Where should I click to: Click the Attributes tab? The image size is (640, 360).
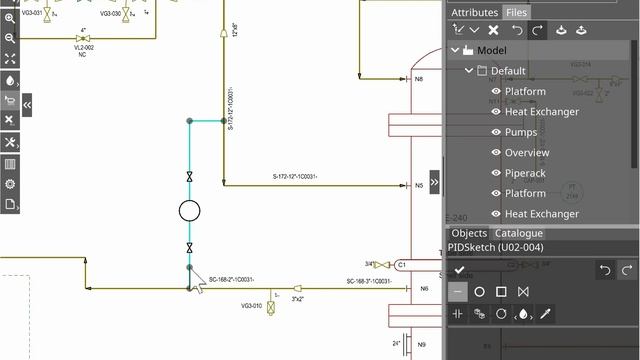(474, 12)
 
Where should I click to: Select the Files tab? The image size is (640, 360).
(517, 12)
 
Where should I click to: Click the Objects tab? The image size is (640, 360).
(469, 233)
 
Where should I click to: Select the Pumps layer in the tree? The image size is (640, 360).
(521, 132)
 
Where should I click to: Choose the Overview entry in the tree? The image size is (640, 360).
(527, 153)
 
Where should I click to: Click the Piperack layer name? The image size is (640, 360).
(525, 173)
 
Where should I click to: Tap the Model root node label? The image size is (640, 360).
(491, 50)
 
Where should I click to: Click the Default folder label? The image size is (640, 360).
(508, 71)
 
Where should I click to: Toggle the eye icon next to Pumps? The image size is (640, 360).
(496, 132)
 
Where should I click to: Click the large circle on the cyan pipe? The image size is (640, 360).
(189, 210)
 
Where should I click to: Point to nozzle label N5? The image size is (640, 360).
(420, 185)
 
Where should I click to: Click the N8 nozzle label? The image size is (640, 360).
(420, 78)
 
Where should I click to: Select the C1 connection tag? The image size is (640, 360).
(401, 265)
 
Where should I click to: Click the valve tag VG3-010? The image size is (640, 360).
(251, 306)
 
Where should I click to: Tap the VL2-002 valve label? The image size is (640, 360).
(83, 47)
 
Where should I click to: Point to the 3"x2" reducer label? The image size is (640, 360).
(298, 298)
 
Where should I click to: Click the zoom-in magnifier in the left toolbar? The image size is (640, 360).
(10, 18)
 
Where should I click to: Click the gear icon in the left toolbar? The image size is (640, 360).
(10, 184)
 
